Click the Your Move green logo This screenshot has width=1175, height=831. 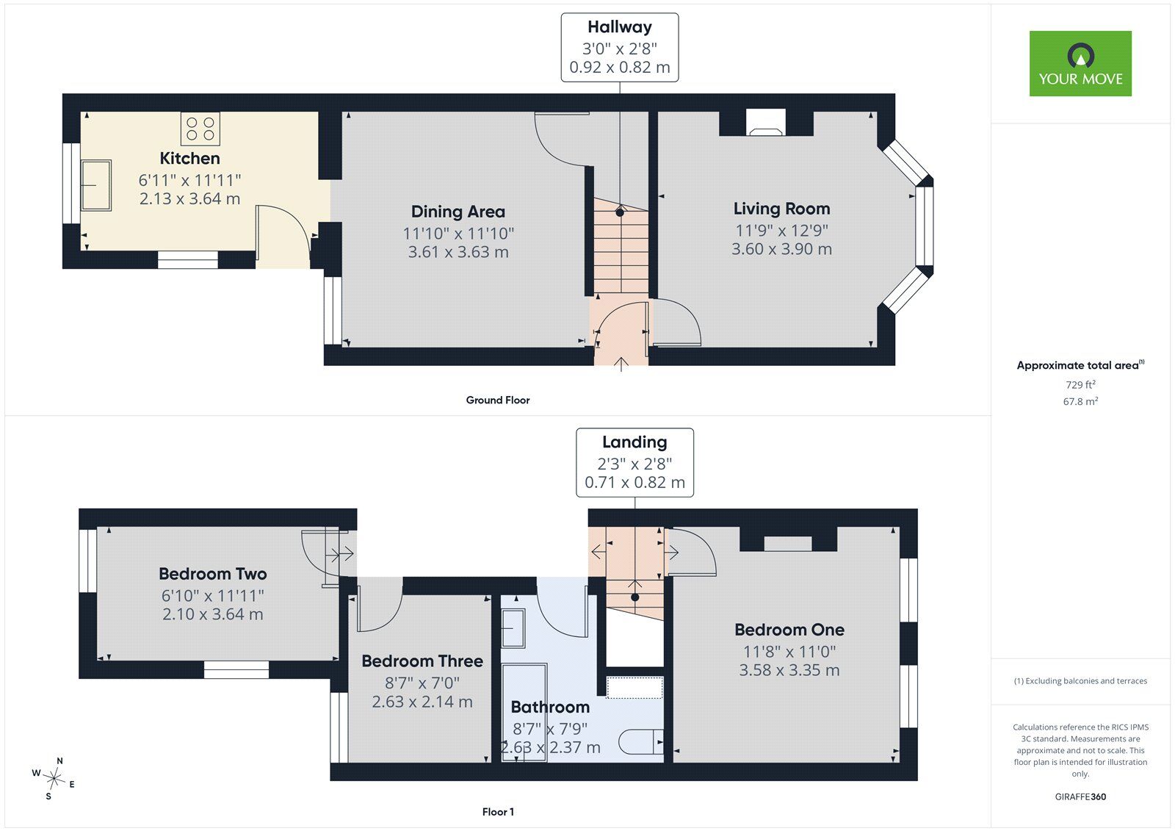[1080, 63]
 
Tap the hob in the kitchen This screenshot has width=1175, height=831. [200, 129]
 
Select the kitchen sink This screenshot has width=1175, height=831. [96, 185]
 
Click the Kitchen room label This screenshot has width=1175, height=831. [190, 158]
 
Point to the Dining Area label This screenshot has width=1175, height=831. [458, 212]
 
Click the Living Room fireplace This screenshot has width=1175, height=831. [766, 122]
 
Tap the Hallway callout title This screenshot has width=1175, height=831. [620, 26]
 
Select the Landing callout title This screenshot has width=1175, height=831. [634, 442]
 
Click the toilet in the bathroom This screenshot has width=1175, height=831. [641, 742]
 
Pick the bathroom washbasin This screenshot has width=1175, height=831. [513, 628]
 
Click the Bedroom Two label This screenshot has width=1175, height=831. [213, 574]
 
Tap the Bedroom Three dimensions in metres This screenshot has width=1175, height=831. [422, 702]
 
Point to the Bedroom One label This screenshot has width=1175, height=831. [789, 630]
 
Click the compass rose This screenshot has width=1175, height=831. [54, 778]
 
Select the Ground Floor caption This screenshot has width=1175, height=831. [498, 400]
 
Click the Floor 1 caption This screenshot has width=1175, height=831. [498, 812]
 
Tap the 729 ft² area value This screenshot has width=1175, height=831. [1080, 384]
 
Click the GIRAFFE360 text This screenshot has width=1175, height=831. [1080, 796]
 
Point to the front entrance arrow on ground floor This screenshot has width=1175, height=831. [621, 364]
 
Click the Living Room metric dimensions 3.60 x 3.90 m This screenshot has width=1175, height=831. [781, 249]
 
